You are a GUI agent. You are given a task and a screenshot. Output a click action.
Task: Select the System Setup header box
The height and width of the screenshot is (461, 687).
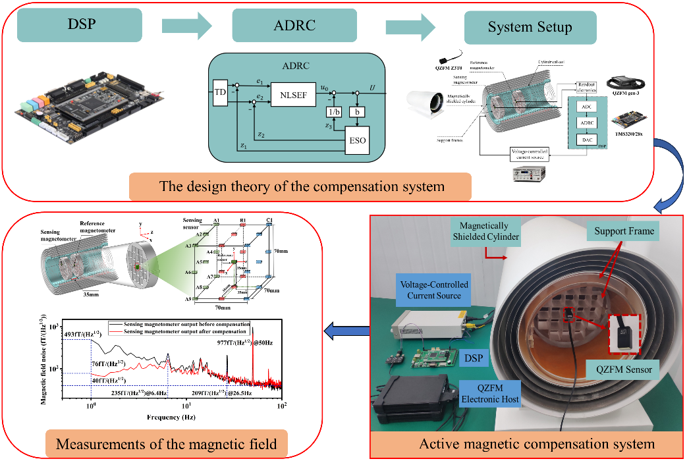(x=530, y=27)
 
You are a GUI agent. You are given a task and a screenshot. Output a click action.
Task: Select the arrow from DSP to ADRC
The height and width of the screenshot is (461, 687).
(x=187, y=26)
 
